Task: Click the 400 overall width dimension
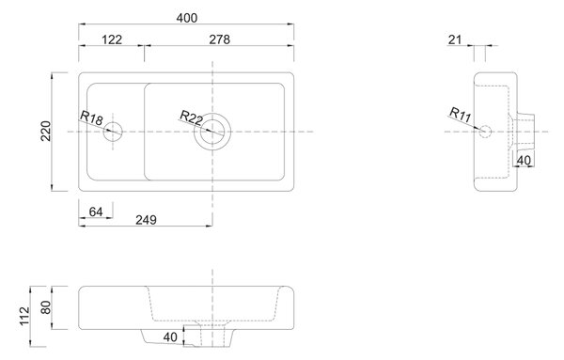click(x=187, y=18)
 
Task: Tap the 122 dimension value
click(x=112, y=39)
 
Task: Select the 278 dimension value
click(x=219, y=39)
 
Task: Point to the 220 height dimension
click(x=46, y=132)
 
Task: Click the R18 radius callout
click(x=91, y=117)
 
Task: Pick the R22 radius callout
click(x=192, y=117)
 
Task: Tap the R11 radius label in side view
click(x=460, y=115)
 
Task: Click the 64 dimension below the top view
click(x=96, y=211)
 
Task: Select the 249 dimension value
click(x=146, y=220)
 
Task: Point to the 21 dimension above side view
click(x=455, y=39)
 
